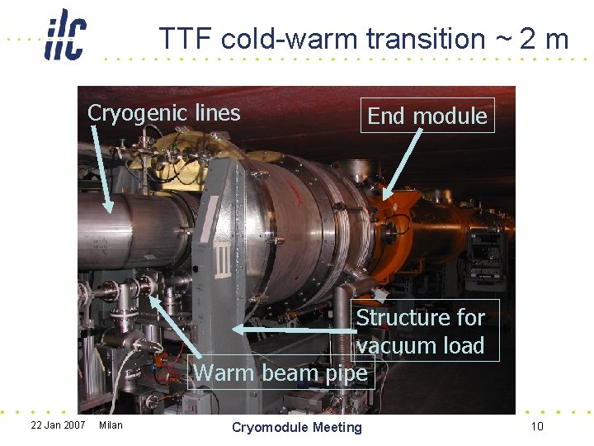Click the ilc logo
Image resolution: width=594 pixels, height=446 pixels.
(x=65, y=35)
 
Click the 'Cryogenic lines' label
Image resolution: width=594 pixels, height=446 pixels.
(x=163, y=113)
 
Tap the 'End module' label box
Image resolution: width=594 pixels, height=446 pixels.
(x=427, y=116)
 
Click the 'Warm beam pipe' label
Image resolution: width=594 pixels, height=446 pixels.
(x=280, y=373)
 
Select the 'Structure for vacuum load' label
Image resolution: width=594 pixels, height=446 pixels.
(x=421, y=330)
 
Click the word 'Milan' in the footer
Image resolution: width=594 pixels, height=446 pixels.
(x=111, y=425)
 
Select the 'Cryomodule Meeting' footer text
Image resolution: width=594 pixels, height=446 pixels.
(x=297, y=427)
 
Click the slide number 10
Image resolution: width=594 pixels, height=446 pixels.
(x=537, y=426)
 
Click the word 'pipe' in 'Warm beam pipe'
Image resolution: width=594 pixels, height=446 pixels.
(x=347, y=374)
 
